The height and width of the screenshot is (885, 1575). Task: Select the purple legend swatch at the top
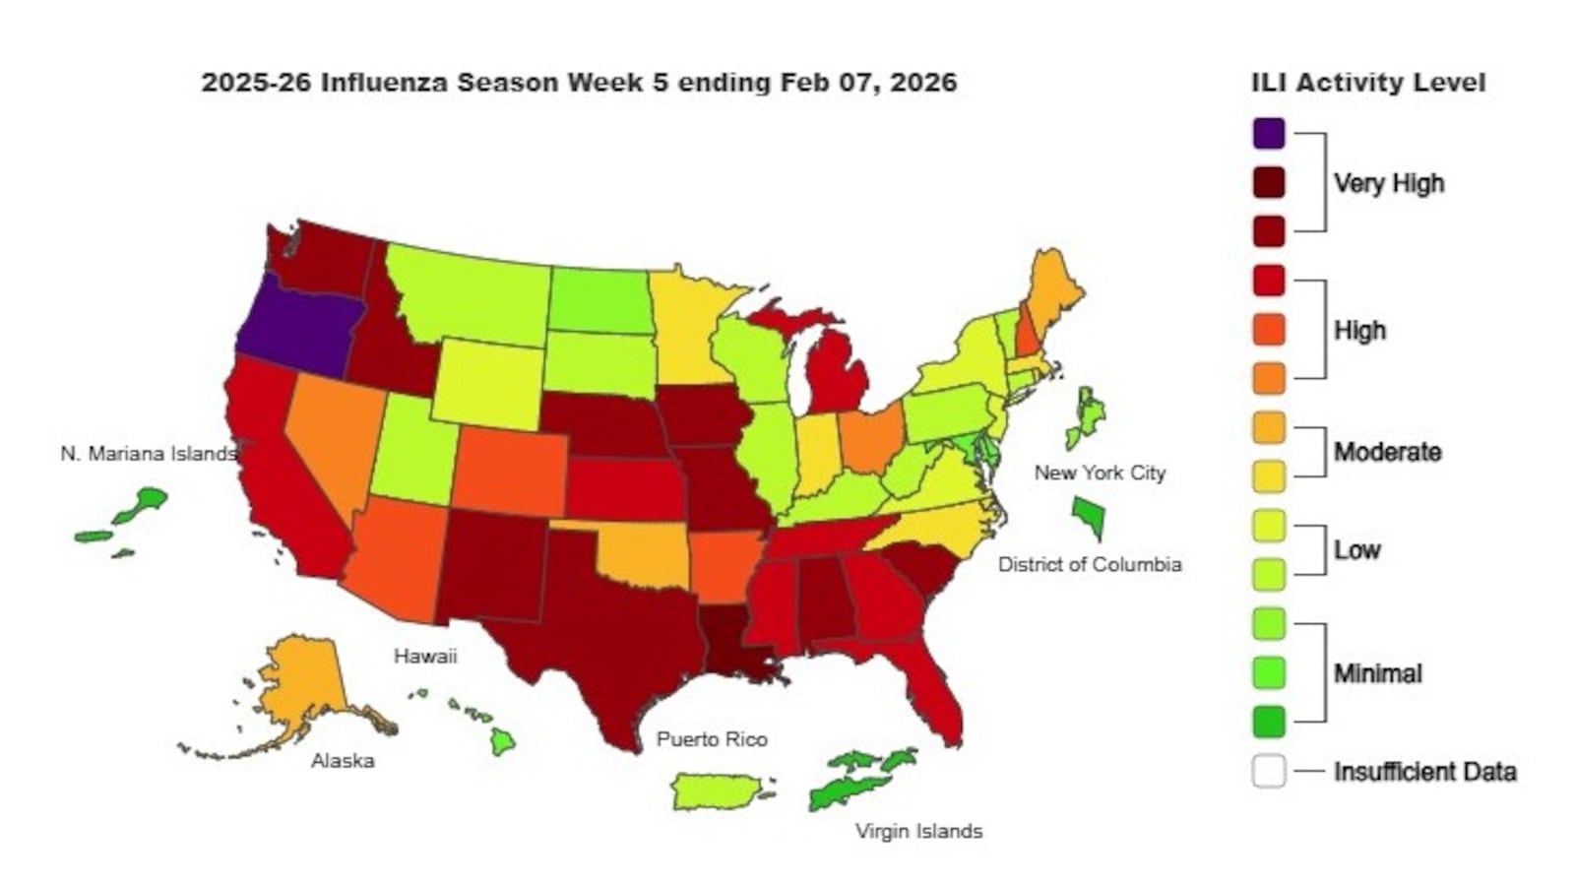pos(1269,133)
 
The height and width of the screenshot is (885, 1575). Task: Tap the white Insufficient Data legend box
pos(1269,771)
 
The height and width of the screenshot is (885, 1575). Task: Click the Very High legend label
pos(1388,183)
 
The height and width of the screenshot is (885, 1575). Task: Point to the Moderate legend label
pos(1387,452)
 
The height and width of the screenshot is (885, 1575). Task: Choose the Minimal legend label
pos(1377,673)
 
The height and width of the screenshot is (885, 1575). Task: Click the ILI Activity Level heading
pos(1367,83)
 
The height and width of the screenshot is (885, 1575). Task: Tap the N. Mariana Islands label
pos(148,454)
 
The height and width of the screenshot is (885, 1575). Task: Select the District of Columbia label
pos(1089,564)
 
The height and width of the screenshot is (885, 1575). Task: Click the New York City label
pos(1099,473)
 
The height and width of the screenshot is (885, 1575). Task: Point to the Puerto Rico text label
pos(712,739)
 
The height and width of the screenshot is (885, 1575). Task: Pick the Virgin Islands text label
pos(918,831)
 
